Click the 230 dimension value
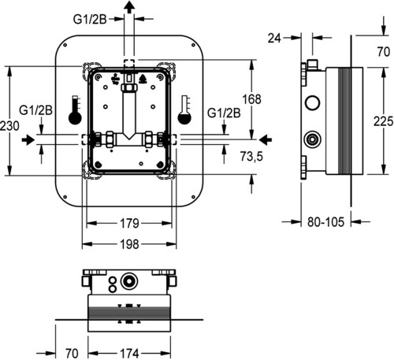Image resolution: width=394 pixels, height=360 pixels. [9, 126]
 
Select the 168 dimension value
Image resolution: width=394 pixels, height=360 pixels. [251, 99]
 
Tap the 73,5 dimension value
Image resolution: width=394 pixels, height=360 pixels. [251, 157]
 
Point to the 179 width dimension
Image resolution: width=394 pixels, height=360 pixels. [129, 224]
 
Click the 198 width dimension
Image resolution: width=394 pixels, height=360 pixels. [129, 244]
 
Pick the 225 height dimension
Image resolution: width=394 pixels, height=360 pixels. [384, 121]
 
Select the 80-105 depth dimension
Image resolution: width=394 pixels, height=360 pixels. [325, 222]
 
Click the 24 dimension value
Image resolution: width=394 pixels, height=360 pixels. [274, 39]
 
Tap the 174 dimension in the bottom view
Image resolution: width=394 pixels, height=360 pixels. [129, 353]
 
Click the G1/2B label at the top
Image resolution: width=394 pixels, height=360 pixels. [90, 20]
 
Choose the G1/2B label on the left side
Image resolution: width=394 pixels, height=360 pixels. [35, 110]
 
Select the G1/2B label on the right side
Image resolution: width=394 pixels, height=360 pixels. [224, 113]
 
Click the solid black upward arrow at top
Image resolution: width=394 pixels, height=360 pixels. [129, 7]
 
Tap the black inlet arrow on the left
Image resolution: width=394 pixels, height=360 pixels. [28, 139]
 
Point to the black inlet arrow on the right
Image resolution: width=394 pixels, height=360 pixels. [266, 139]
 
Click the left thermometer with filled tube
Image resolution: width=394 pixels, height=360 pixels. [75, 110]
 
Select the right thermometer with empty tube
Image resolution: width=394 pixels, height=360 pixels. [184, 110]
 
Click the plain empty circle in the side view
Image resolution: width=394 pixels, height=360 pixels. [313, 102]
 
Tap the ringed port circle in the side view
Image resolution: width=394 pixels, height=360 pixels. [313, 139]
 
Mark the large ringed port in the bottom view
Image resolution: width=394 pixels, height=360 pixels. [129, 282]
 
